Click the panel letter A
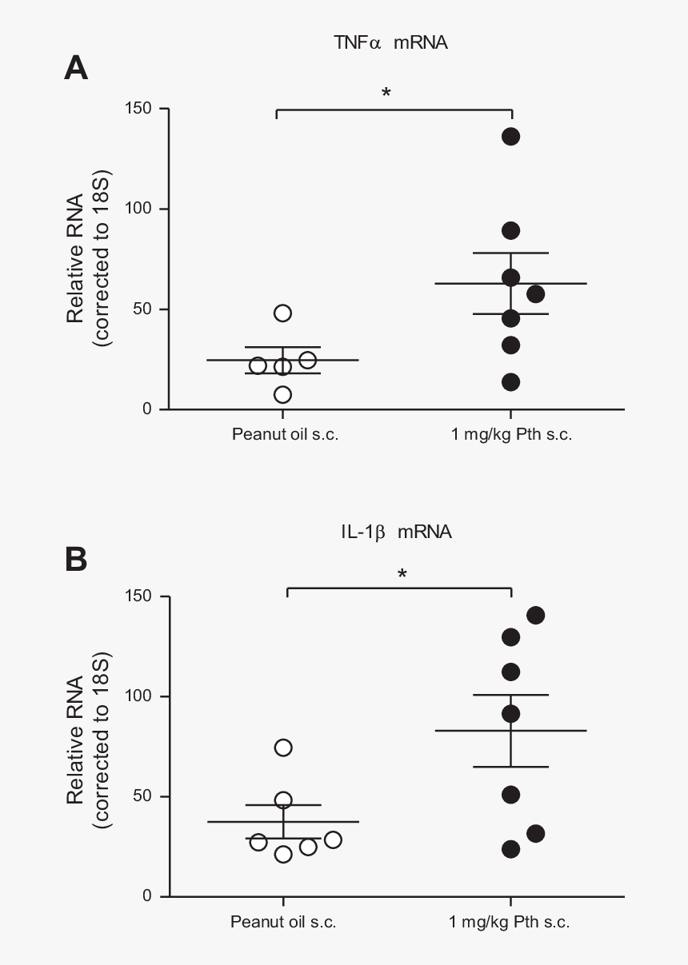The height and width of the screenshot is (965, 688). [x=75, y=69]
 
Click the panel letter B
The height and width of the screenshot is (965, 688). [x=75, y=560]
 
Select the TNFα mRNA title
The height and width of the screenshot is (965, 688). [x=390, y=43]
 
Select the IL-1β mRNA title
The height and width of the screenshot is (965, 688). [x=396, y=532]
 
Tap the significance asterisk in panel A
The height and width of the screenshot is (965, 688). [x=386, y=94]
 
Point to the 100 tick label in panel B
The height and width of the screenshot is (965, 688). [x=141, y=696]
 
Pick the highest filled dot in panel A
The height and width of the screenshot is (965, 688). [x=510, y=137]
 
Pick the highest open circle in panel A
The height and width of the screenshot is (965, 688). [x=282, y=313]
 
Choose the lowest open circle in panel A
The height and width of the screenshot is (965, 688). [x=282, y=394]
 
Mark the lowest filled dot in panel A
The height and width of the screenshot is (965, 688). [x=510, y=382]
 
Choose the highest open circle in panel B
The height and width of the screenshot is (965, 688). [x=283, y=748]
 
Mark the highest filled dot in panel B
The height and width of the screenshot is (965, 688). [x=535, y=615]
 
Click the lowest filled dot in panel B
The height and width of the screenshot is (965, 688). [x=510, y=849]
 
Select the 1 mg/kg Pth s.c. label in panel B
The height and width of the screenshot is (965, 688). [x=510, y=922]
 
